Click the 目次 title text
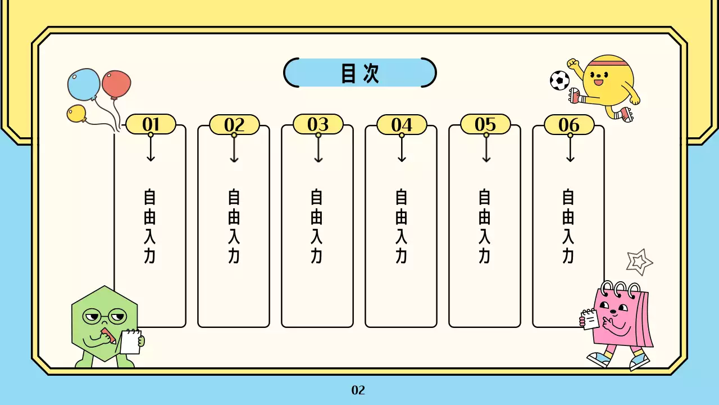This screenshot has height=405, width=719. [360, 73]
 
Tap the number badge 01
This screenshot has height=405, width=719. [151, 124]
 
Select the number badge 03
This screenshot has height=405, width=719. [318, 124]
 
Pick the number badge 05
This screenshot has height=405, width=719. [485, 124]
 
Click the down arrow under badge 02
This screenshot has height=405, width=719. [234, 150]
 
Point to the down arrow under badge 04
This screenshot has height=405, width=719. [402, 150]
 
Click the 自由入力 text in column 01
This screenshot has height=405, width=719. [149, 226]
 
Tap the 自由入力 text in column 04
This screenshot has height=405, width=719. [401, 226]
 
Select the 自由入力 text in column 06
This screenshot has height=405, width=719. [568, 226]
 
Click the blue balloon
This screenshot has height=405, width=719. [84, 84]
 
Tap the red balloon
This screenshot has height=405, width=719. [116, 84]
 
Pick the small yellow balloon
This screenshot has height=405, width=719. [76, 113]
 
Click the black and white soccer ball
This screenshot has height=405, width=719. [559, 80]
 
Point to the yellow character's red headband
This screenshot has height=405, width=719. [608, 60]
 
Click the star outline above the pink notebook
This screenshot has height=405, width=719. [639, 261]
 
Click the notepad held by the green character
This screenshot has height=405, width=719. [130, 342]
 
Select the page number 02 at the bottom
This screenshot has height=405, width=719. [358, 390]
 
